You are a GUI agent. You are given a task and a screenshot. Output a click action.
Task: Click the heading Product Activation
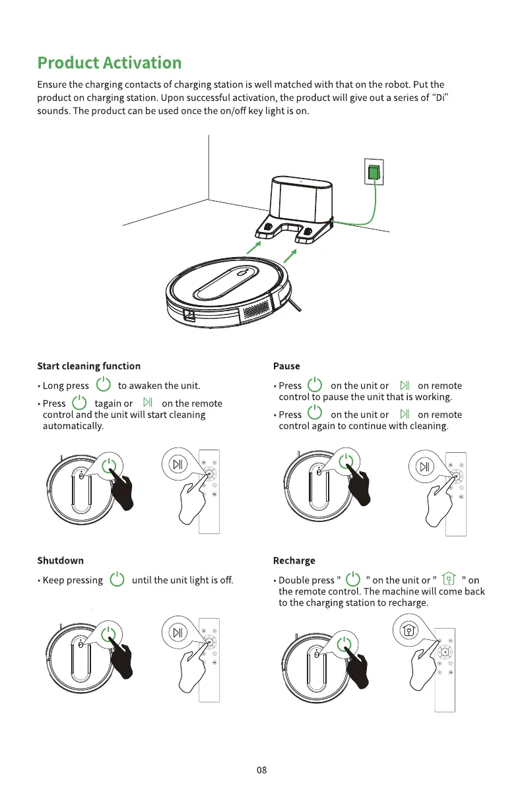[109, 63]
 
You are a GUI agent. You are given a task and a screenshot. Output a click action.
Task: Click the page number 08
[261, 770]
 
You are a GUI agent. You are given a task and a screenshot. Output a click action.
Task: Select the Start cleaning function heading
[88, 366]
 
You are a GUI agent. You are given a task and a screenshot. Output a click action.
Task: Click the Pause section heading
[286, 366]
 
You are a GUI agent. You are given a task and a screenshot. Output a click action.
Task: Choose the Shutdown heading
[60, 561]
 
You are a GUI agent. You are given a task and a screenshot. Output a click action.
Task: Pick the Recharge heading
[294, 561]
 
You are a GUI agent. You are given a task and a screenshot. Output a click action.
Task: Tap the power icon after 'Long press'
[103, 385]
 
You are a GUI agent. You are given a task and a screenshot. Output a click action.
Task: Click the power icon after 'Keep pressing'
[117, 580]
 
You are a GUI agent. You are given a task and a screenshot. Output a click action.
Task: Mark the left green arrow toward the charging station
[253, 247]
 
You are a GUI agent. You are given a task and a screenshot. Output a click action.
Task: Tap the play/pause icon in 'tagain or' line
[147, 403]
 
